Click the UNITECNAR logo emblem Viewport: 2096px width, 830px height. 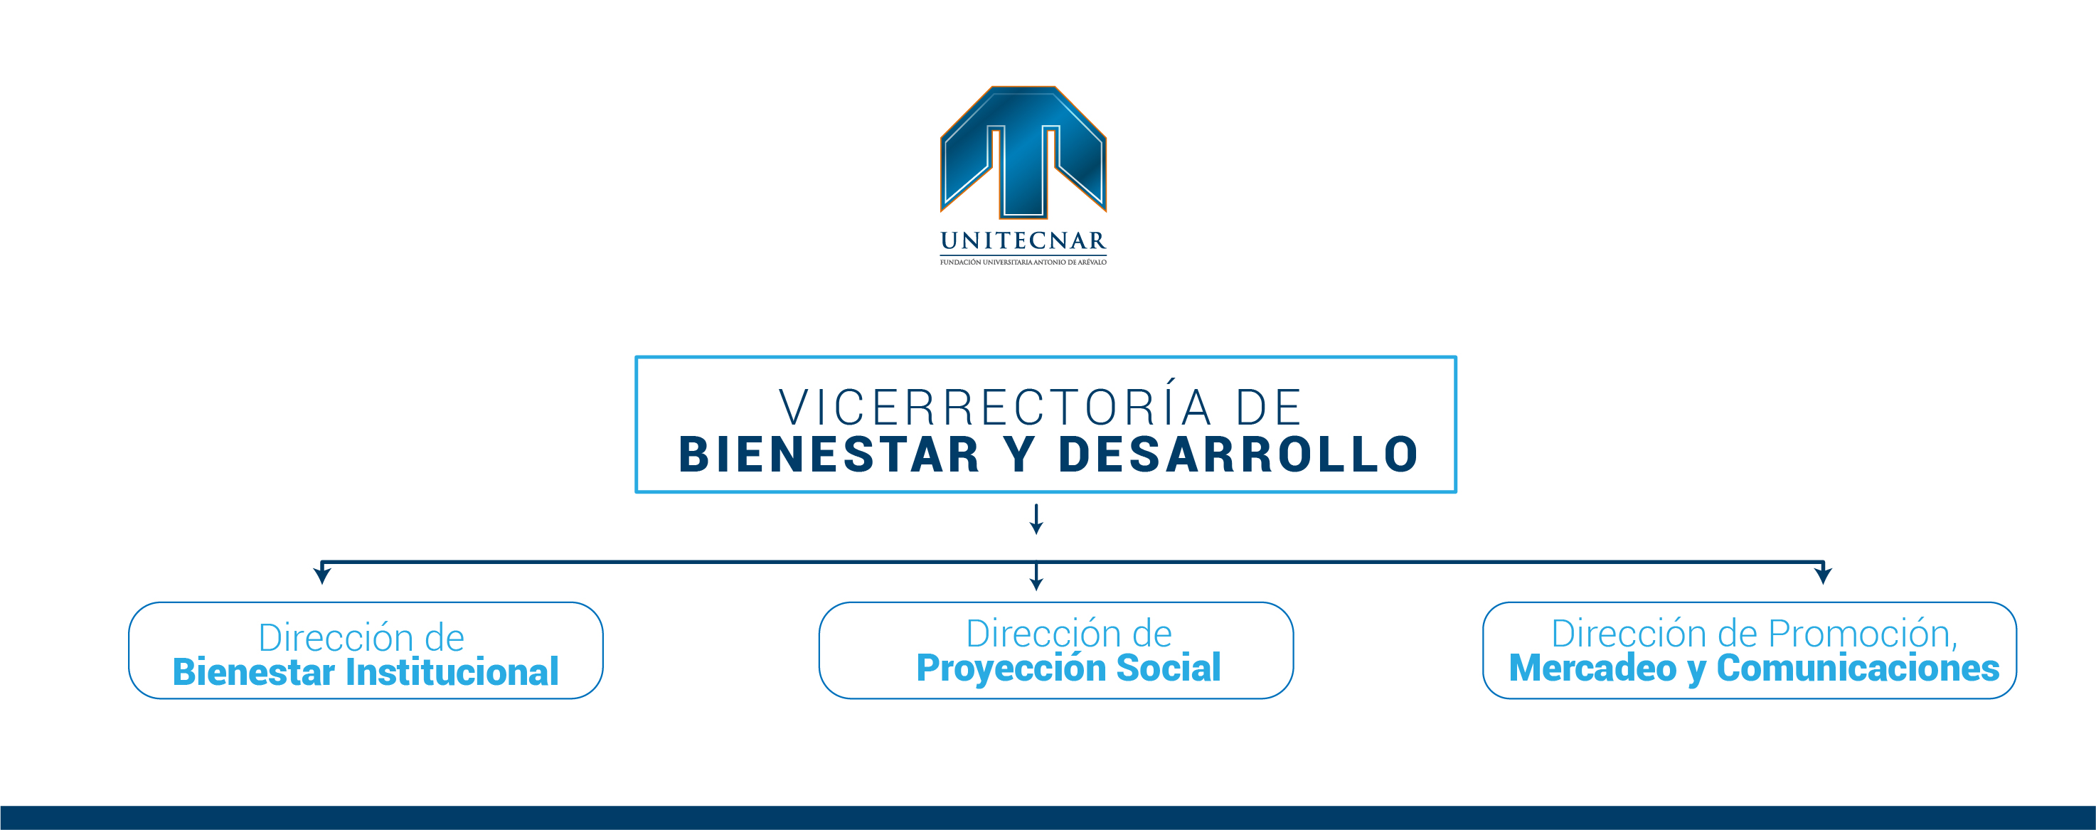pyautogui.click(x=1023, y=152)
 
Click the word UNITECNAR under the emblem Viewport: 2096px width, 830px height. pyautogui.click(x=1023, y=241)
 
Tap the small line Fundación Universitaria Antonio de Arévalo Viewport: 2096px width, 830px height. pyautogui.click(x=1023, y=262)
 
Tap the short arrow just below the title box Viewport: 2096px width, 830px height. pyautogui.click(x=1036, y=518)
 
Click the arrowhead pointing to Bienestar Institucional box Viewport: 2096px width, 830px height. pyautogui.click(x=322, y=575)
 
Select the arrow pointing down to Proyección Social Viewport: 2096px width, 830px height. pyautogui.click(x=1036, y=576)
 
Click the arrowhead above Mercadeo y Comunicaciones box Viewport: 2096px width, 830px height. pyautogui.click(x=1824, y=575)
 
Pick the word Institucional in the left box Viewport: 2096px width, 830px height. pyautogui.click(x=452, y=672)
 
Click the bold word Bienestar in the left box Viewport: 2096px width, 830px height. pyautogui.click(x=254, y=672)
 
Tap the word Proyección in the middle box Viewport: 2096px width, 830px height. pyautogui.click(x=1011, y=668)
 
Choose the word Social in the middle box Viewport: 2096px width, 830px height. pyautogui.click(x=1169, y=667)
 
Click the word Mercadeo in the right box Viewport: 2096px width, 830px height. pyautogui.click(x=1592, y=668)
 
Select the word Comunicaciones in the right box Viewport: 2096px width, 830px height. pyautogui.click(x=1858, y=668)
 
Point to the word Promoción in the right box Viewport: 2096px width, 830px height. pyautogui.click(x=1863, y=633)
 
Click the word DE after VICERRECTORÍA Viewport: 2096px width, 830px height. pyautogui.click(x=1269, y=408)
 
